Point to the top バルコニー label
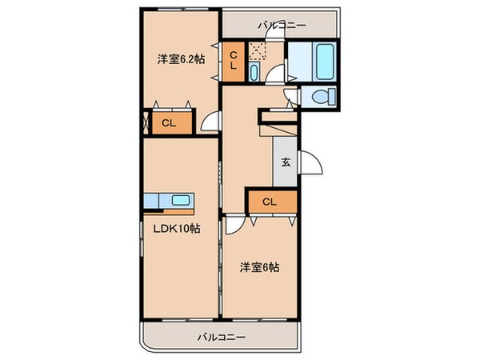[281, 26]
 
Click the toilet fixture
[320, 98]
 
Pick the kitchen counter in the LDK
[169, 199]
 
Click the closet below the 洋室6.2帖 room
[168, 122]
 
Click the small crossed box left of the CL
[146, 123]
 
